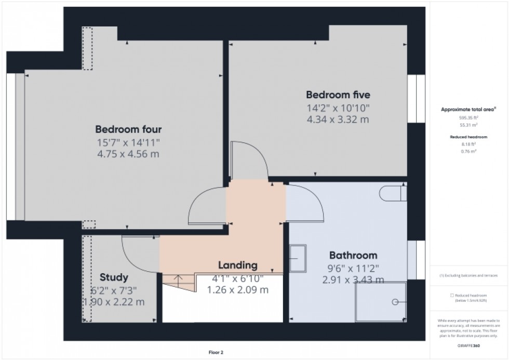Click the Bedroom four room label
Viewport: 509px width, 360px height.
point(128,129)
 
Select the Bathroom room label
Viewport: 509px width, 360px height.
point(353,256)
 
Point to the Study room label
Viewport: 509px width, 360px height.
point(114,277)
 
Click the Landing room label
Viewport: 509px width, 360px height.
point(237,265)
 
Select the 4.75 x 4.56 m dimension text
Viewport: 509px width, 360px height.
point(128,154)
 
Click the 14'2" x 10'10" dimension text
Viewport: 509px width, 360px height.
point(338,108)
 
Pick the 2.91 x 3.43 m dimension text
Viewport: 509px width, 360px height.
point(353,281)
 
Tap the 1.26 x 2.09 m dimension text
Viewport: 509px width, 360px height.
point(237,290)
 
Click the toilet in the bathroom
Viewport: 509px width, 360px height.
point(394,193)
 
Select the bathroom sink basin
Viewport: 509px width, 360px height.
point(298,258)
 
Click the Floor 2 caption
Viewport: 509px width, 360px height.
point(215,353)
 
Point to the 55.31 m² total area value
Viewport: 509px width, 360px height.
point(468,125)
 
